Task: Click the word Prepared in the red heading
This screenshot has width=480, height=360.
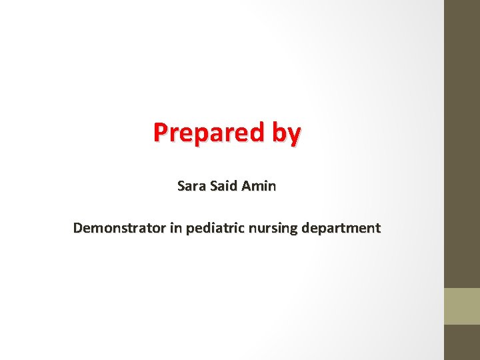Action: (x=209, y=133)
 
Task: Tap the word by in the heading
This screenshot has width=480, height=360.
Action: (x=286, y=133)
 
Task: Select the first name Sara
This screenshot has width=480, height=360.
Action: (x=192, y=186)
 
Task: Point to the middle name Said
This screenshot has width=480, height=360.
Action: (x=224, y=186)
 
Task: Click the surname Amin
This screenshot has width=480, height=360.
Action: (x=259, y=186)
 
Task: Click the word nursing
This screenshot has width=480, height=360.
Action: (x=273, y=229)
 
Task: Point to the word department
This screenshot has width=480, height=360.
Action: (x=341, y=229)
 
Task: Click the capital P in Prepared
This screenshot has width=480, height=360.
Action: (x=160, y=133)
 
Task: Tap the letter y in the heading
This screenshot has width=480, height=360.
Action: (x=294, y=135)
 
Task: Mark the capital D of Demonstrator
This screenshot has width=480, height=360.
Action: (x=78, y=228)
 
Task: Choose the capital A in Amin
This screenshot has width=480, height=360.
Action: (x=246, y=186)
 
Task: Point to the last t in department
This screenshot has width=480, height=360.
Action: (x=377, y=228)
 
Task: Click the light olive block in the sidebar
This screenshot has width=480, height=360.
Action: (x=461, y=306)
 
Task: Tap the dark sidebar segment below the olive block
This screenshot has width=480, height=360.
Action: (x=461, y=342)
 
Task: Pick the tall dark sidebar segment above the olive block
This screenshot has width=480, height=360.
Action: (x=461, y=143)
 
